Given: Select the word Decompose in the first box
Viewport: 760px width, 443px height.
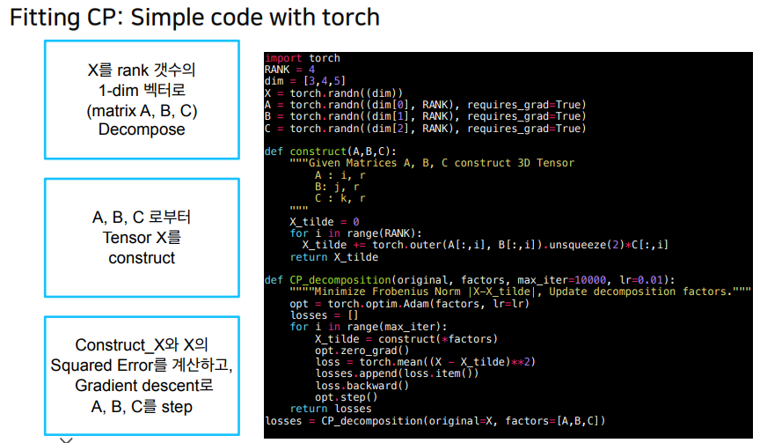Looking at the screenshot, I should (x=142, y=129).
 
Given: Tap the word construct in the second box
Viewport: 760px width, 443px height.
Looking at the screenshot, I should (x=142, y=258).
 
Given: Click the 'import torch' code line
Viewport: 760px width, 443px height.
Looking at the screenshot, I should (x=303, y=58).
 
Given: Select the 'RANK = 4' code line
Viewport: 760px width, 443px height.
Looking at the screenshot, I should (x=289, y=70).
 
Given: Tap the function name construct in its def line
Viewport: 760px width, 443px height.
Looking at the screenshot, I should (x=318, y=151).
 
